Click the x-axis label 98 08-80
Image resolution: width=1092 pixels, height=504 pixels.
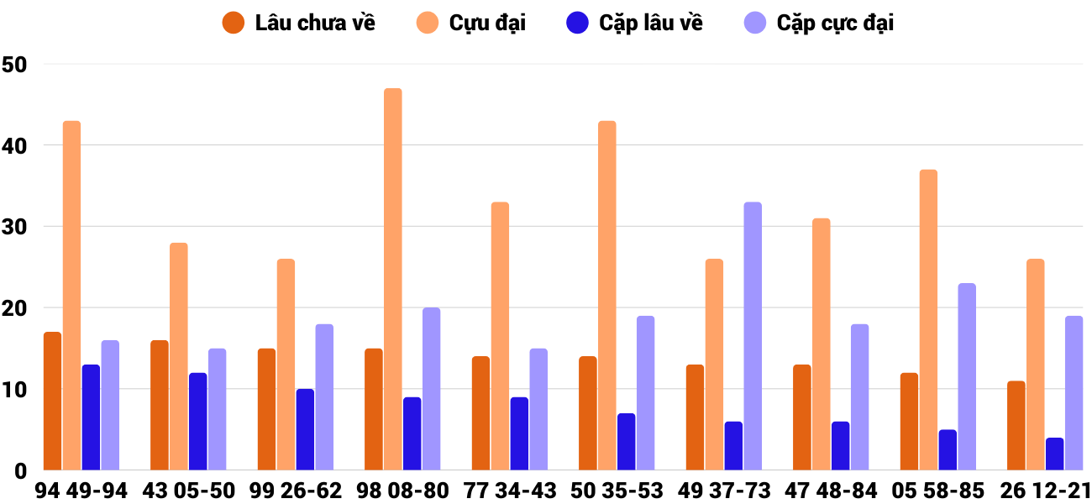402,491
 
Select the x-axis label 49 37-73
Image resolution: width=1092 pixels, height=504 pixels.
724,491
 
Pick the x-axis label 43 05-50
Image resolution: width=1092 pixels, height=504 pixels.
188,491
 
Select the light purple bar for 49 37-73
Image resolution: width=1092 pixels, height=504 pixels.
753,336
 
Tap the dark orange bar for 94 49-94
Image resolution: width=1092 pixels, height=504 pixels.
53,402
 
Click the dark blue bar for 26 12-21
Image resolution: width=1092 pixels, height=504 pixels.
1054,454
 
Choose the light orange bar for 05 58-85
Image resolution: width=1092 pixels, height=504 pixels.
928,320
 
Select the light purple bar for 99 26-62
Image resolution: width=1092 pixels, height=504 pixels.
324,397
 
